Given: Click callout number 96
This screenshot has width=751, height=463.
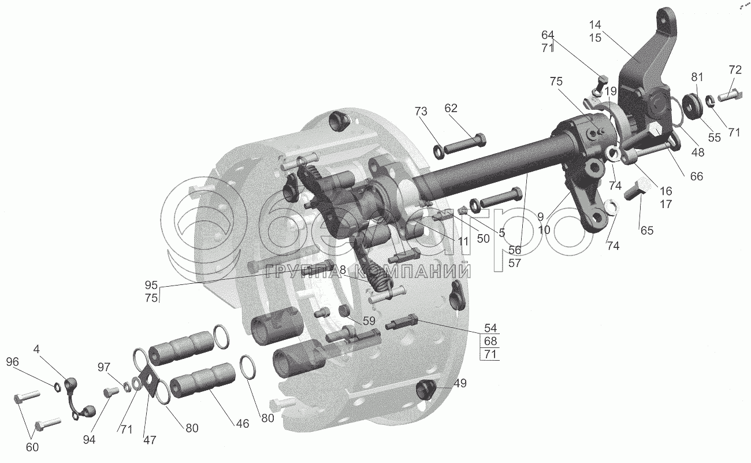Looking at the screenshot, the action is [x=12, y=362].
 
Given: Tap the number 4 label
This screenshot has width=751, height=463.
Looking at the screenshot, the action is [x=36, y=349].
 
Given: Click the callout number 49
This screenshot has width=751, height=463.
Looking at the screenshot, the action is [x=460, y=383].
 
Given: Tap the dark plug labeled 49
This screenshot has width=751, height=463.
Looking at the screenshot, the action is [x=426, y=390].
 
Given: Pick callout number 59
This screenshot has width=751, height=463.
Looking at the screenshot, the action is [x=369, y=321].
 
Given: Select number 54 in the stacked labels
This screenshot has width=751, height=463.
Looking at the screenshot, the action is [x=490, y=328].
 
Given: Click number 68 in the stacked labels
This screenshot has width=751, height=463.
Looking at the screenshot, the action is [x=490, y=341].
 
